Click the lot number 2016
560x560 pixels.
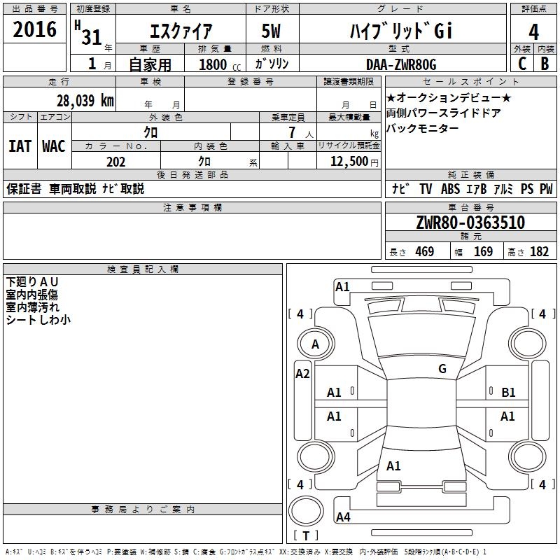tap(35, 30)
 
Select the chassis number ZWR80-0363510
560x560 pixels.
tap(470, 223)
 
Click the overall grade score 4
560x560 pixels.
tap(533, 31)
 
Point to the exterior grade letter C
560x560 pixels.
tap(521, 63)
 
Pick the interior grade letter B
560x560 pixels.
tap(545, 63)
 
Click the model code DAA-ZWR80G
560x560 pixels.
tap(401, 64)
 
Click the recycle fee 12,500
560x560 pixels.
tap(349, 162)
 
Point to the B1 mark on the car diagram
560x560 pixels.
tap(508, 393)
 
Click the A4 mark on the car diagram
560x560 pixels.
tap(343, 517)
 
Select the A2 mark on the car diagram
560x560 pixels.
tap(302, 374)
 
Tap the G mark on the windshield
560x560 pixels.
tap(442, 369)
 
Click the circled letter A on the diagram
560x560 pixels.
tap(315, 344)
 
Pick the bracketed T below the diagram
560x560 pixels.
tap(305, 536)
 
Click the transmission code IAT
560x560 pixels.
tap(20, 146)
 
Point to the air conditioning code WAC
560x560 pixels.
tap(53, 146)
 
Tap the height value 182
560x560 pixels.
tap(539, 252)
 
